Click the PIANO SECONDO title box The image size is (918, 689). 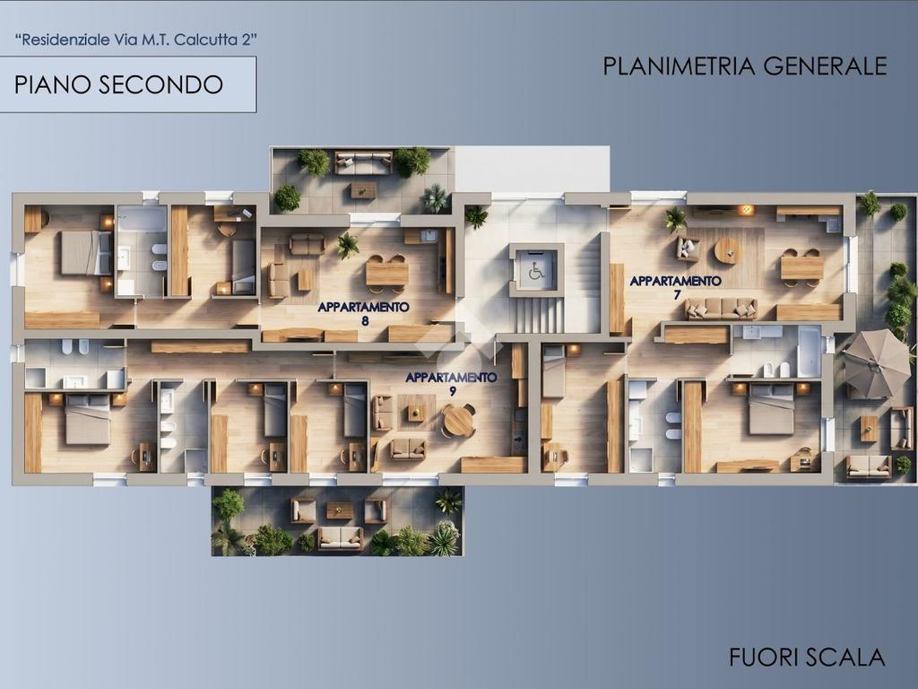click(x=127, y=84)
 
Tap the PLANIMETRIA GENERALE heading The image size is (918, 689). click(x=745, y=66)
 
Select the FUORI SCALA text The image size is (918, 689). click(x=807, y=657)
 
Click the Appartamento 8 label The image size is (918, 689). click(x=364, y=313)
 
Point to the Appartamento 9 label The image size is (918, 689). click(x=452, y=384)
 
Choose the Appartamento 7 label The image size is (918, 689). click(x=676, y=287)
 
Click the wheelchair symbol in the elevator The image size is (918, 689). click(x=536, y=272)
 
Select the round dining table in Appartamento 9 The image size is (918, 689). click(x=458, y=420)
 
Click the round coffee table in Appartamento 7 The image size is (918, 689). click(x=727, y=251)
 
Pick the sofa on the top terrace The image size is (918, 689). click(x=364, y=162)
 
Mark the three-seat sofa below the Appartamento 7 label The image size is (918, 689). click(x=722, y=309)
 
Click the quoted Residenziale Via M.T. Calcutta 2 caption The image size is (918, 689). click(x=136, y=40)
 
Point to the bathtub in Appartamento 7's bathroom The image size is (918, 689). click(x=810, y=351)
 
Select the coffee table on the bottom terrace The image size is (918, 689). click(x=339, y=510)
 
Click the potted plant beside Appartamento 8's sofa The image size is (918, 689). click(x=347, y=245)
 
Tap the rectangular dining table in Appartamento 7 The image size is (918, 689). click(x=802, y=267)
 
